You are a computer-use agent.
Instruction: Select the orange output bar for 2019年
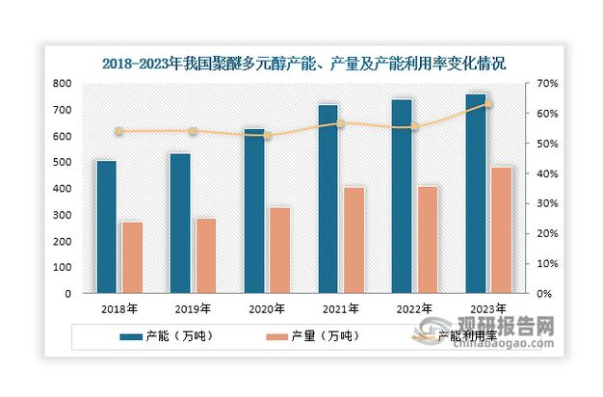coord(206,255)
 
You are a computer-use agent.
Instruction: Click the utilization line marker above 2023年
coord(487,103)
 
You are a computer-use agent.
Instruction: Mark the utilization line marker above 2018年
coord(119,131)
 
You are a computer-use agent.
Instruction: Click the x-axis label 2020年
coord(267,309)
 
